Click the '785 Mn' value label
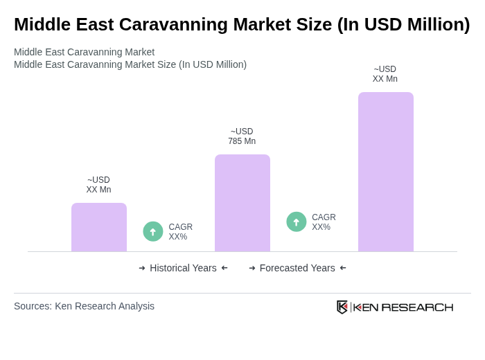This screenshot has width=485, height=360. point(242,136)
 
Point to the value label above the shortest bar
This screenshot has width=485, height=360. point(98,185)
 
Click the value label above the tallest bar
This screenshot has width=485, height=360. point(385,74)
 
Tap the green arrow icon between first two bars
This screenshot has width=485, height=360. point(153,231)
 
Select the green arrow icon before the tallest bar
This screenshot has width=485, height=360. point(297,222)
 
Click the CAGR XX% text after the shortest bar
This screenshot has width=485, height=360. point(181,232)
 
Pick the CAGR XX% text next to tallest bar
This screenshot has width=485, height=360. point(324,222)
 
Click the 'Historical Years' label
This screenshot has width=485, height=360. point(183,268)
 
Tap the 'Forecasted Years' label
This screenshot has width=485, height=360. point(297,268)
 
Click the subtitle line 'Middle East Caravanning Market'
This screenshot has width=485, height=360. point(84,52)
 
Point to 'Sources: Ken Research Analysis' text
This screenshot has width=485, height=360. point(84,306)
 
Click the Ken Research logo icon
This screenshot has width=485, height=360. point(342,307)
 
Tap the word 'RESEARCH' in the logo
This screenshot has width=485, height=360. point(417,307)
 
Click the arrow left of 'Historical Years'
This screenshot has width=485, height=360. point(142,268)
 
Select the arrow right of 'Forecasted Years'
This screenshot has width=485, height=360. point(343,268)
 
